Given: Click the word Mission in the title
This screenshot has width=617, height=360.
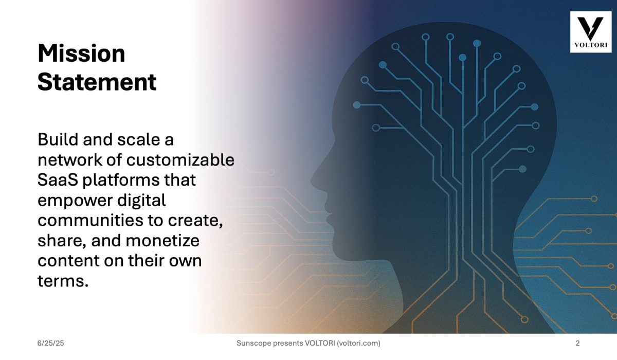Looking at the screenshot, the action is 82,53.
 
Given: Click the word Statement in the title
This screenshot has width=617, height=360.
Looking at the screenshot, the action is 97,82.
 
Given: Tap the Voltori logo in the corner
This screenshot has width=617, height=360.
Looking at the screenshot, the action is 591,32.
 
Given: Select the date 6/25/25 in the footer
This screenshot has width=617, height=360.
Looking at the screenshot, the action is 51,343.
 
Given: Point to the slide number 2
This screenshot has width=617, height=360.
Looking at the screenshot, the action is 577,343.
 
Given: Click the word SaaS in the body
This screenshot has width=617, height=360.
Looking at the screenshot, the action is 58,180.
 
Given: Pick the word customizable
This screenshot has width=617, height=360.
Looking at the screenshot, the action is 180,160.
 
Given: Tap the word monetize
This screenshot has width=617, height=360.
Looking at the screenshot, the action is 162,241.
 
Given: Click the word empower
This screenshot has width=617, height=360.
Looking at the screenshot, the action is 75,201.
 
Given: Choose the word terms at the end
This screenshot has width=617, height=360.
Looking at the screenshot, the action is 63,281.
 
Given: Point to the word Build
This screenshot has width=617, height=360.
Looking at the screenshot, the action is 58,139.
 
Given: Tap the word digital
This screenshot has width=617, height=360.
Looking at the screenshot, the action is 141,201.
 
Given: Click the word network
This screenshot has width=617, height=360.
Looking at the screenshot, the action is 70,160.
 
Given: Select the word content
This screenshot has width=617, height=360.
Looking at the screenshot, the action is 68,261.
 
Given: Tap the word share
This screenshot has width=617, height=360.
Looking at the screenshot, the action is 62,241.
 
